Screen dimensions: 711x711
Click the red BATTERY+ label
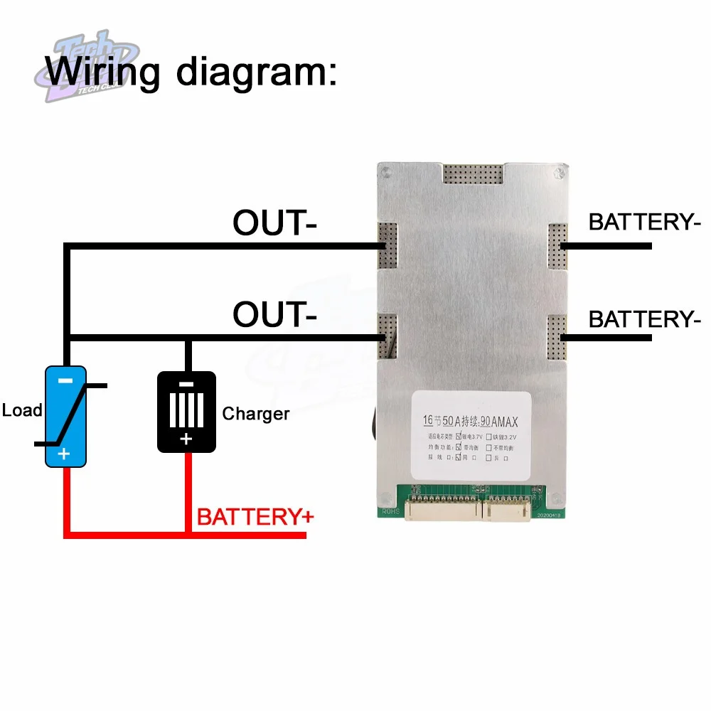[255, 517]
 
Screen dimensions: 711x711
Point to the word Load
[22, 410]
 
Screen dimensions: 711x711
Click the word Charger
[256, 414]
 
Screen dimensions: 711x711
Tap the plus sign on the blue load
[65, 454]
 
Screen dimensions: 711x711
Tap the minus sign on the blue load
[65, 380]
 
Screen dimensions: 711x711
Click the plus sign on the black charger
[186, 439]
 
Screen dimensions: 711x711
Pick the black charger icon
[186, 411]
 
